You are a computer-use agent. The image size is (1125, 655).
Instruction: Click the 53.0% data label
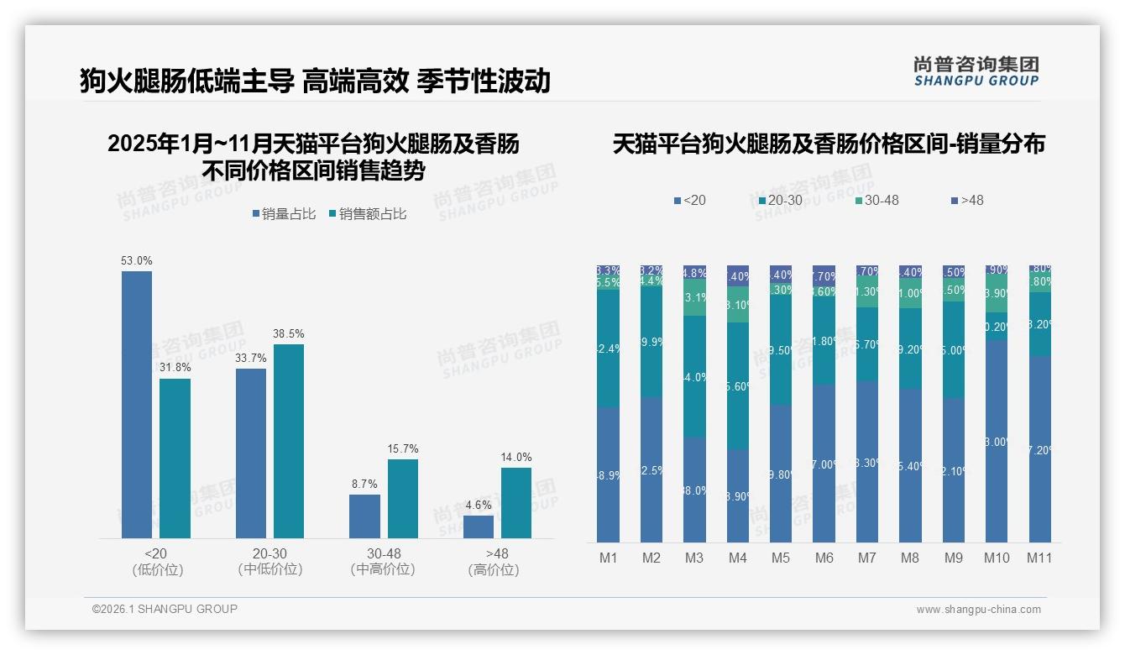(137, 261)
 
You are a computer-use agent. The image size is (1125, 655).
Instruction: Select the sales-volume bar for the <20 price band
(137, 404)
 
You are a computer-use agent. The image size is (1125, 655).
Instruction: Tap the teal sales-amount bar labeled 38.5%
(289, 441)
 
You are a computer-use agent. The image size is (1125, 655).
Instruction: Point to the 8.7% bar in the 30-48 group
(364, 516)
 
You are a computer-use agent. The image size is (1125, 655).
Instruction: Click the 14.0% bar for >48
(516, 502)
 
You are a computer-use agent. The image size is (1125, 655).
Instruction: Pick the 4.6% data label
(479, 505)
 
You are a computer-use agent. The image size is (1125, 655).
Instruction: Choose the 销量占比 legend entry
(284, 214)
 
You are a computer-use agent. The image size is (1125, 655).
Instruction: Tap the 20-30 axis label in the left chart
(269, 553)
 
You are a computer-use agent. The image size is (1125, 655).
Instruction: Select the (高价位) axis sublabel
(494, 569)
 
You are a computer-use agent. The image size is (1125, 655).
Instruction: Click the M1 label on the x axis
(608, 558)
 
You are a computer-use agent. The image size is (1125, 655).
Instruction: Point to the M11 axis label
(1039, 558)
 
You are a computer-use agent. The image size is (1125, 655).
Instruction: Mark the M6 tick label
(824, 558)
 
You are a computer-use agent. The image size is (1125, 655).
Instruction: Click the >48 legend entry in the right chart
(967, 200)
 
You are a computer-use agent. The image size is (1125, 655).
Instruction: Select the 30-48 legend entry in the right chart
(876, 200)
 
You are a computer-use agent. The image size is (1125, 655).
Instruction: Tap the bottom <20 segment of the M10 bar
(997, 441)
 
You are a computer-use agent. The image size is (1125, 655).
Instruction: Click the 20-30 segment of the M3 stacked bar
(694, 376)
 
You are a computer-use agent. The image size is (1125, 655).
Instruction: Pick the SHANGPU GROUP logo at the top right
(976, 71)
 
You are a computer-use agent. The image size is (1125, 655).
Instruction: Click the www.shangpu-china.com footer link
(978, 610)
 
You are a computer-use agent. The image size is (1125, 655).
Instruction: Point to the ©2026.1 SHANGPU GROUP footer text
(165, 609)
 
